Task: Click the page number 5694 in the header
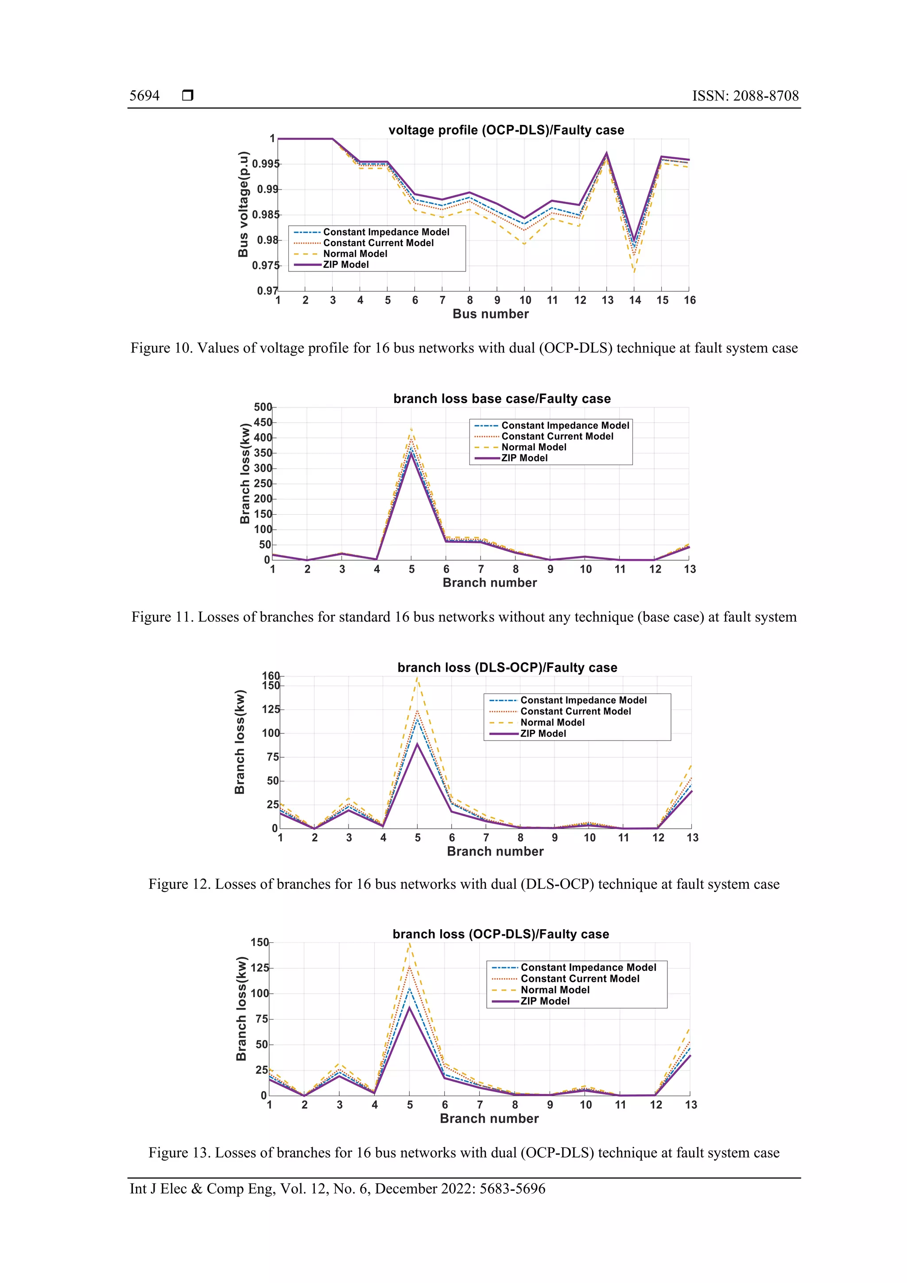coord(144,96)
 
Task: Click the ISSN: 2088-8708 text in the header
coord(745,96)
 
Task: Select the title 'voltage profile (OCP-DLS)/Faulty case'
coord(506,130)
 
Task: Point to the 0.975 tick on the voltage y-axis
coord(265,265)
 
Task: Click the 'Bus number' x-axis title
coord(490,314)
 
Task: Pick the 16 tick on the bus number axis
coord(689,301)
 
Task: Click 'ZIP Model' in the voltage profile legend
coord(346,265)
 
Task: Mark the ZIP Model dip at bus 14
coord(634,239)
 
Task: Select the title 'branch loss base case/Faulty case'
coord(501,399)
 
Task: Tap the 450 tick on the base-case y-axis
coord(263,422)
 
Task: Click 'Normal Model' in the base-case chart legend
coord(534,447)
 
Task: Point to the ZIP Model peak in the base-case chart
coord(411,454)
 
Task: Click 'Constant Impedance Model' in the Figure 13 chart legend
coord(588,967)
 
